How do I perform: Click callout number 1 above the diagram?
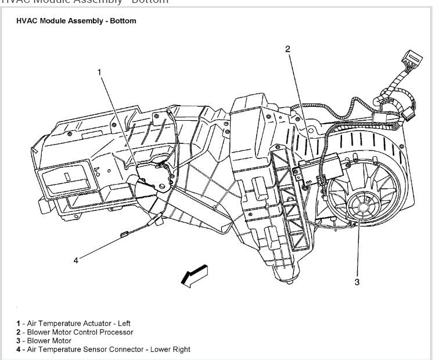pos(99,72)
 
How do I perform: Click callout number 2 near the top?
pos(287,49)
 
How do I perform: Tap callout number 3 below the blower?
pos(357,282)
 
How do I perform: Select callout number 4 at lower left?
pos(75,260)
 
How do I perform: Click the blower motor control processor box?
pos(319,169)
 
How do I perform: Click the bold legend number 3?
pos(19,341)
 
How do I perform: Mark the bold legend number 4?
pos(19,350)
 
